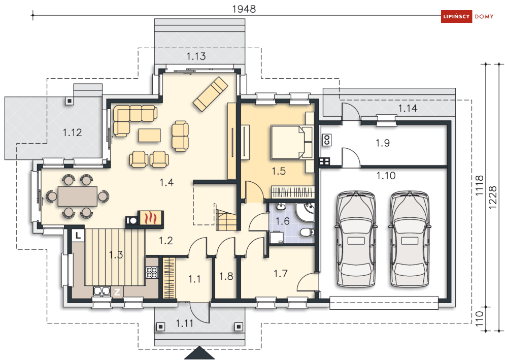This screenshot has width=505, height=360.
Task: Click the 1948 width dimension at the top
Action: pos(244,9)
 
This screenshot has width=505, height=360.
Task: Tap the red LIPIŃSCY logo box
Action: pos(456,16)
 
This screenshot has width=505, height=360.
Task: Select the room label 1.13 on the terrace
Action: pos(196,56)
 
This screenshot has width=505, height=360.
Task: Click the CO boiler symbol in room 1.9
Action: pos(327,140)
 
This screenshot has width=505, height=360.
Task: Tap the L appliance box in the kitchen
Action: pos(78,235)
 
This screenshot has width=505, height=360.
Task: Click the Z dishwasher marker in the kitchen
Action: pos(117,292)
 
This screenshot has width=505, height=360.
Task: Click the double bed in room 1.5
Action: pos(288,142)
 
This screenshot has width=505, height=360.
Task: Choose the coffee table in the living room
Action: pos(149,135)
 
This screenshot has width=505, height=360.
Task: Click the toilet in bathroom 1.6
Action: pos(306,232)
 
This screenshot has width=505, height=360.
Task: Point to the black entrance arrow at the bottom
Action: pos(199,353)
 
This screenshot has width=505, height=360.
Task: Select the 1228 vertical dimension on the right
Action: pos(492,197)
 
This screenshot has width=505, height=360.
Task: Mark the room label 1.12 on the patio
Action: pos(72,133)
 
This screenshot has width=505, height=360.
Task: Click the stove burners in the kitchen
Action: pos(152,272)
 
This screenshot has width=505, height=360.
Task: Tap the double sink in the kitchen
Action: pos(102,291)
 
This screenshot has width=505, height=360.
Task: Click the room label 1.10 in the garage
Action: pos(386,176)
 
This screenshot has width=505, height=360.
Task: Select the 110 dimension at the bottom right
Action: pos(480,319)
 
